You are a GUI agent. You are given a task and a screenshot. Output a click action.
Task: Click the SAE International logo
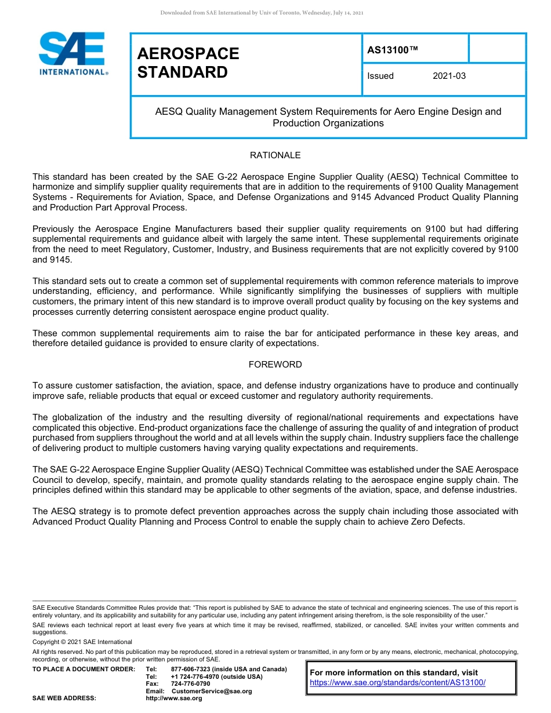coord(72,53)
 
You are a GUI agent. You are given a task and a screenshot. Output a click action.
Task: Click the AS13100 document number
coord(392,50)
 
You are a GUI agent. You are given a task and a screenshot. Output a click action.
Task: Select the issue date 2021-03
coord(449,76)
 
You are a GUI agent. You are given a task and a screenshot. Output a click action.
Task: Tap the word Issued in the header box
coord(380,76)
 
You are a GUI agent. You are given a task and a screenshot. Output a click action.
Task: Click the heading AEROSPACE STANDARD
coord(188,63)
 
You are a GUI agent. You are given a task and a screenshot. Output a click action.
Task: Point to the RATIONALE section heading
coord(275,155)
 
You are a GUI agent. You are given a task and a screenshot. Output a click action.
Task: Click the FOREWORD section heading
coord(275,365)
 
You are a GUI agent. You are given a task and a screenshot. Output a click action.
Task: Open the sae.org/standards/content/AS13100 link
coord(397,682)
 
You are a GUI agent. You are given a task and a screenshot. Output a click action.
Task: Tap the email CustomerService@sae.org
coord(211,692)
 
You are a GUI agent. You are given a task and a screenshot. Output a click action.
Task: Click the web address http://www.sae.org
coord(186,699)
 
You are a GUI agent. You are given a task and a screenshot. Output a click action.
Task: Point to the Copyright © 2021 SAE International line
coord(82,642)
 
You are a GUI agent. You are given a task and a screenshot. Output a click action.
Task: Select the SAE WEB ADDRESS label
coord(64,699)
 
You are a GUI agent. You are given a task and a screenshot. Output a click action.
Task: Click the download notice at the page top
coord(262,13)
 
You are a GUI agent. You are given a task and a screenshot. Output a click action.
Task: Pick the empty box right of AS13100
coord(496,48)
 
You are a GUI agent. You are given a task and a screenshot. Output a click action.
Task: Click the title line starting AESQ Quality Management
coord(328,111)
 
